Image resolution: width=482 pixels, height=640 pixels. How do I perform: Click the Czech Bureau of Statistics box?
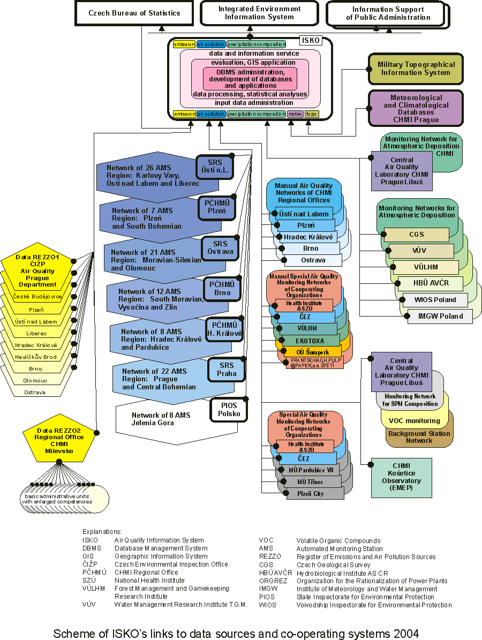coord(134,13)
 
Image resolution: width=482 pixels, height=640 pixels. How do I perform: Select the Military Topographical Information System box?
coord(416,69)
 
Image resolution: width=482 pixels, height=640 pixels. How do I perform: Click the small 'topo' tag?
coord(312,114)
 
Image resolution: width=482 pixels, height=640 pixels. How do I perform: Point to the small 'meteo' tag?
coord(295,114)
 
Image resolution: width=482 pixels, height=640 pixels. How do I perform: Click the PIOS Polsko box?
coord(228,410)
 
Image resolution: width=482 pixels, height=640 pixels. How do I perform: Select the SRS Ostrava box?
coord(220,248)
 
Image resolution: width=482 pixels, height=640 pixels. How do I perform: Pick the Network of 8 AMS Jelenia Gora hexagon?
coord(161,419)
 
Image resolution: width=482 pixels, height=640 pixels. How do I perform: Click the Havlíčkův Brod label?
coord(35,357)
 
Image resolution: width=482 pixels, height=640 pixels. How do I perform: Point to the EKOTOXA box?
coord(310,340)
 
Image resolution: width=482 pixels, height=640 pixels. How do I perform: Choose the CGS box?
coord(416,235)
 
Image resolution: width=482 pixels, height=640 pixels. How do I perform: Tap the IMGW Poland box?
coord(440,316)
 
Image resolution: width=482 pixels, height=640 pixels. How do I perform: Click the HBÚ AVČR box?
coord(431,283)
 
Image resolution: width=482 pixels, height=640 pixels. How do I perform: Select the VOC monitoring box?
coord(414,421)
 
